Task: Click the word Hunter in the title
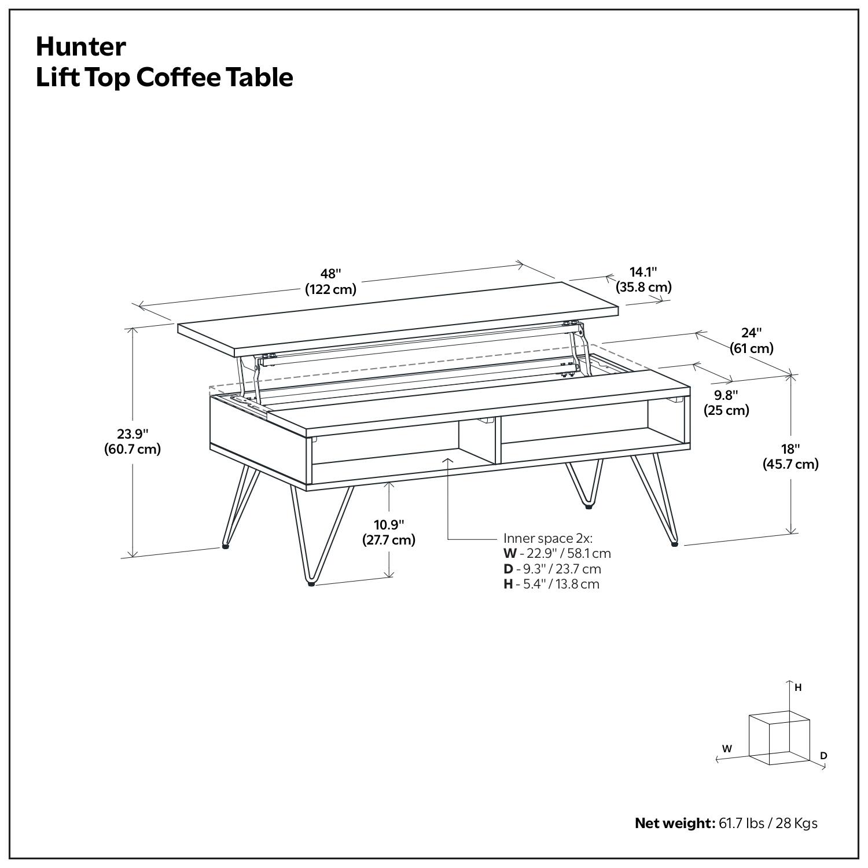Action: (80, 47)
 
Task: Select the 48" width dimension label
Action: (330, 281)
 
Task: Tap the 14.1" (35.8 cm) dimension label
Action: (643, 279)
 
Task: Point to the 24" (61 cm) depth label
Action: (751, 340)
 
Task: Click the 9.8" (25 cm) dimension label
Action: (726, 403)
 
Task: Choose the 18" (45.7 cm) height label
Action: (790, 456)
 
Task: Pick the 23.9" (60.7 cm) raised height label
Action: (133, 441)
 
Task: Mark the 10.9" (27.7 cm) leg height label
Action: (389, 532)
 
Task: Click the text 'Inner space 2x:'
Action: (547, 538)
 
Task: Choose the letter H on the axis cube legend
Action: (798, 687)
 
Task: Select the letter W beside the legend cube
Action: (727, 748)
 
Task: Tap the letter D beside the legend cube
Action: (823, 755)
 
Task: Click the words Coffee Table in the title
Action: (214, 78)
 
